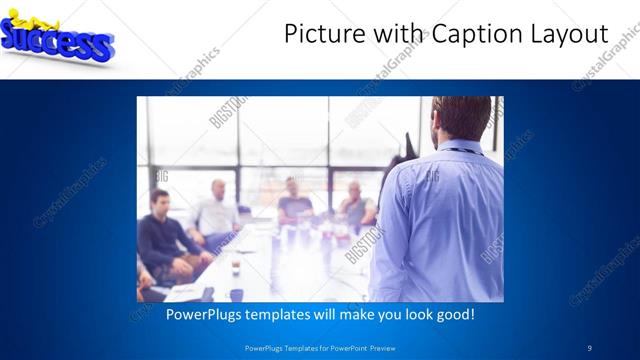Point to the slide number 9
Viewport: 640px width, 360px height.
589,347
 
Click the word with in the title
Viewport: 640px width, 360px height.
394,34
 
